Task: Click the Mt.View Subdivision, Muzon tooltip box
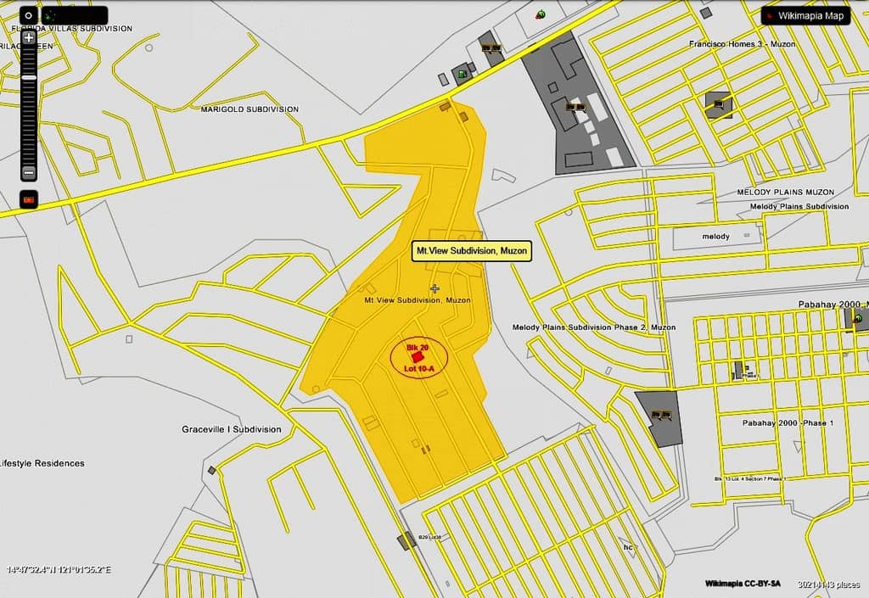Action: click(472, 251)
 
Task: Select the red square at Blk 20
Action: click(417, 358)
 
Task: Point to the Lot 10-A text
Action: click(420, 368)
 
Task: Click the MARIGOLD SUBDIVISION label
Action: click(249, 109)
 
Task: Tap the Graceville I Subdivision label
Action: click(231, 429)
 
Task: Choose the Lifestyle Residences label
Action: click(42, 463)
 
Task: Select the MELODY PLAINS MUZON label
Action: click(785, 193)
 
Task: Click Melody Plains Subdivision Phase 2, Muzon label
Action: click(594, 327)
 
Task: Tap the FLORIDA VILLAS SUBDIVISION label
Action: click(72, 29)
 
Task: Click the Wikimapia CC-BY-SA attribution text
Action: click(744, 584)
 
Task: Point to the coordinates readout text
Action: click(59, 569)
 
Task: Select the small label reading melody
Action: click(716, 237)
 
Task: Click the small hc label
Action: click(629, 547)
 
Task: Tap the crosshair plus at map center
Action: click(435, 289)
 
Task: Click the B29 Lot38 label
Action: click(429, 538)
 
